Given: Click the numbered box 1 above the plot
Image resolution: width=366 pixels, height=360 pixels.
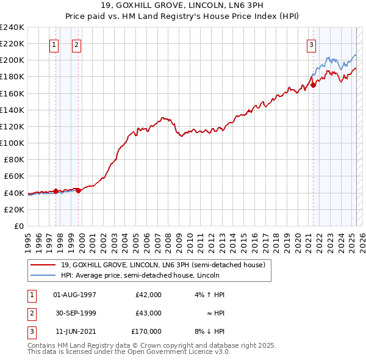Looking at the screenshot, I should (x=54, y=44).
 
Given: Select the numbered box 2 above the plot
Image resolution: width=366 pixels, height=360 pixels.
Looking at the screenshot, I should (x=76, y=44).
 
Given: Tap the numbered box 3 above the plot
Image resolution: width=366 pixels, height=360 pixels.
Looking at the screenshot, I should (x=311, y=44).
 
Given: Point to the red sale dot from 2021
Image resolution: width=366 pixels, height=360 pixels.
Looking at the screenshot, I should (x=314, y=85).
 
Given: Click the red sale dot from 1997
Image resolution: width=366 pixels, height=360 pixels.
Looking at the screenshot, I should (x=56, y=191).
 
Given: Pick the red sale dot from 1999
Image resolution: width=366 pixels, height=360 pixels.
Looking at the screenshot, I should (x=79, y=190).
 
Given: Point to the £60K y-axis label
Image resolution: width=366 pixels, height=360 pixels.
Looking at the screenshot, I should (x=14, y=176).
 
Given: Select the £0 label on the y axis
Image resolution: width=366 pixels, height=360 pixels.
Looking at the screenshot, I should (x=18, y=226).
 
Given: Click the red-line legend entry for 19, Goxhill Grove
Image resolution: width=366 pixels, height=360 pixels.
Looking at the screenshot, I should (x=163, y=265).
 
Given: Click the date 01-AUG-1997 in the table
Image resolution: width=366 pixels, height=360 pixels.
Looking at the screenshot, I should (x=75, y=295).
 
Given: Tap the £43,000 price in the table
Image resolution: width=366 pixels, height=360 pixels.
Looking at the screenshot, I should (x=146, y=313).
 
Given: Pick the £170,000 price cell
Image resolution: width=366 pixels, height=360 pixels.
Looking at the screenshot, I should (x=146, y=331).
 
